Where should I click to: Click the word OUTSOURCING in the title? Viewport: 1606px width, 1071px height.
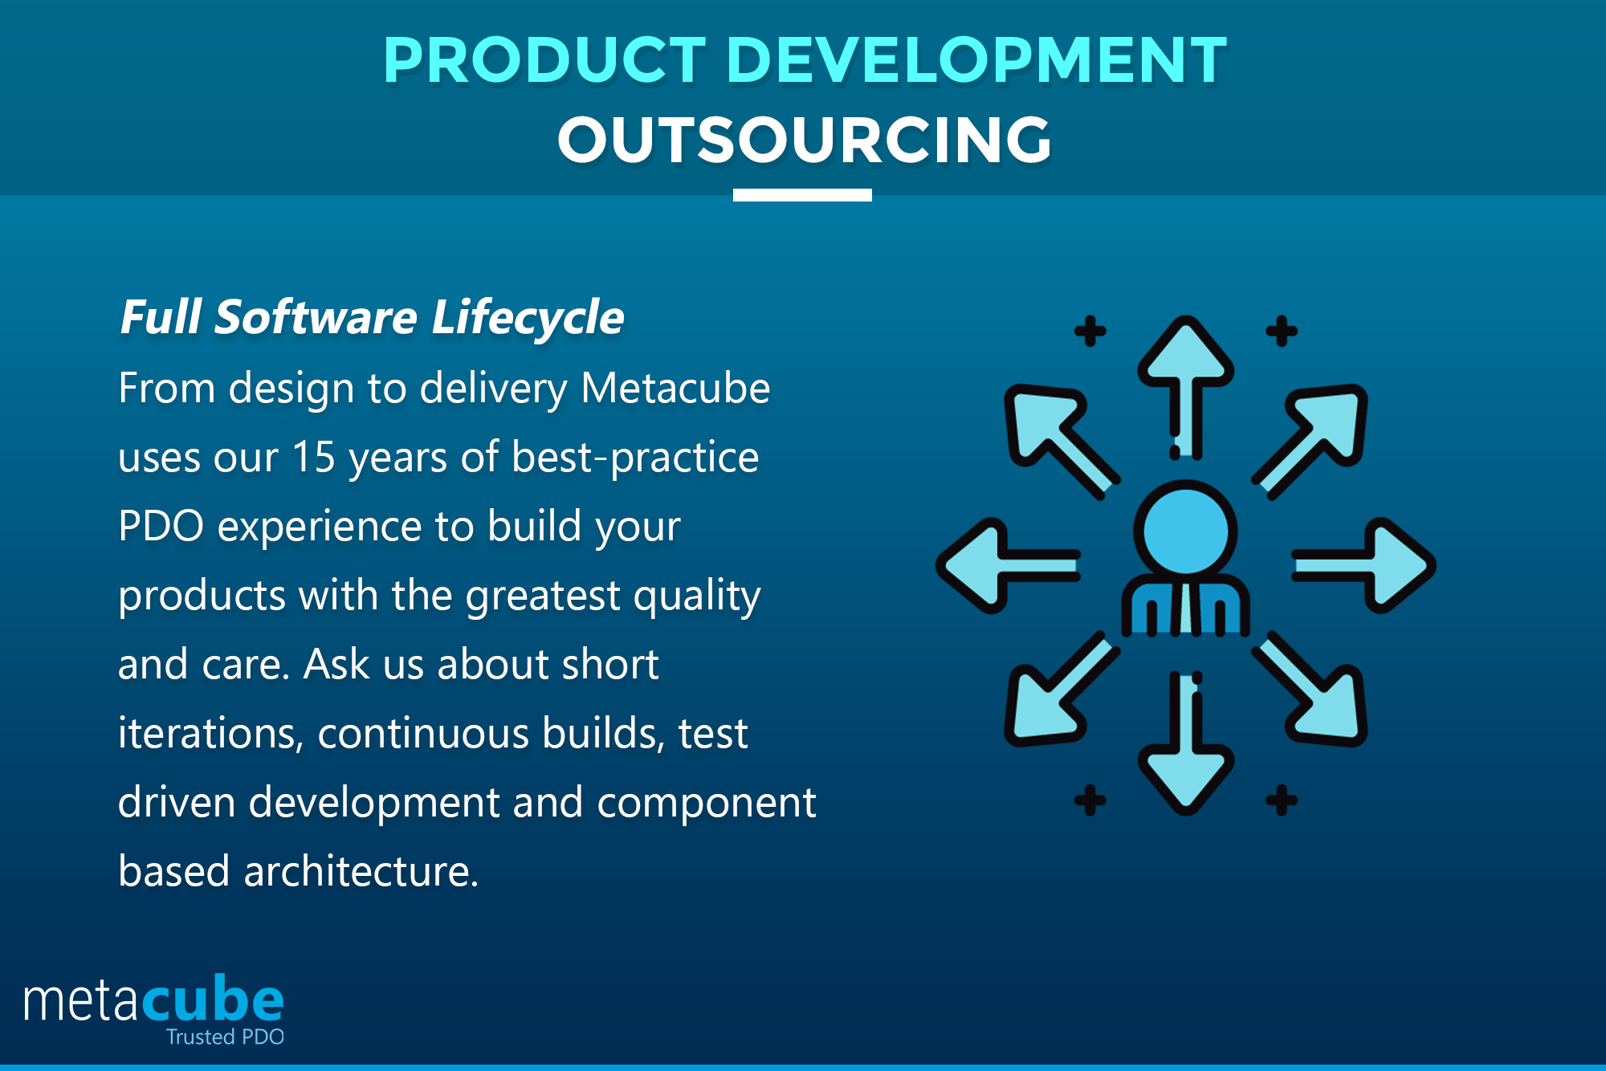point(804,140)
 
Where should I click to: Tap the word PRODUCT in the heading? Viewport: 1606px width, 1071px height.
point(544,60)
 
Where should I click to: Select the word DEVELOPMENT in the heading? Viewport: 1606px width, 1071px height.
point(976,60)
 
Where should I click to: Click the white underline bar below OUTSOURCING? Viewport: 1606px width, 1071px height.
point(802,195)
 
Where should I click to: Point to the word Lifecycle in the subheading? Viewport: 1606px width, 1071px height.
point(528,317)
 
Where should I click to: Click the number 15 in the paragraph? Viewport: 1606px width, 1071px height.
point(313,457)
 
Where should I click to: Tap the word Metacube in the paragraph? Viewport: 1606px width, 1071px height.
point(675,389)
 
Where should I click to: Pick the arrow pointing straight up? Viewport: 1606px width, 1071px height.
point(1186,377)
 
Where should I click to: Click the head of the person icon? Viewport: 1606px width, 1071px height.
point(1185,531)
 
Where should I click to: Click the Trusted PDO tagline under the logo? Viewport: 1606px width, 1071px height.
point(225,1036)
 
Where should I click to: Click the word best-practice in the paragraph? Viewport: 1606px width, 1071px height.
point(634,457)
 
